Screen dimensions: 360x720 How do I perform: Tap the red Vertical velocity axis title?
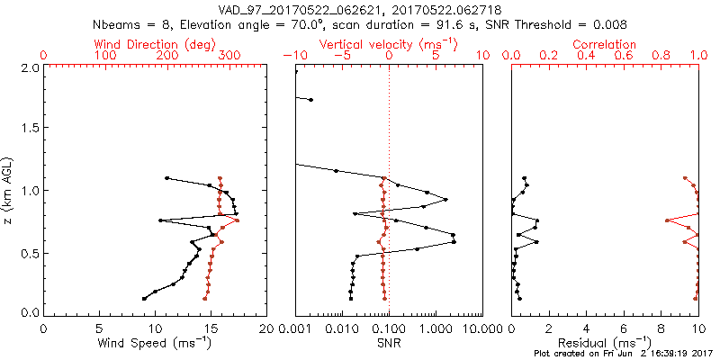tap(389, 43)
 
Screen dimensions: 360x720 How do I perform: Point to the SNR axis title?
tap(389, 343)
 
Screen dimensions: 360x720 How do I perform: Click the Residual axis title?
tap(605, 343)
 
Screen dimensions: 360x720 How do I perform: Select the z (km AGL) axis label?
tap(9, 191)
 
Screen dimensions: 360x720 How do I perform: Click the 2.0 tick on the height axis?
tap(30, 67)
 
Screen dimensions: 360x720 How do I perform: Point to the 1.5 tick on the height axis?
tap(30, 129)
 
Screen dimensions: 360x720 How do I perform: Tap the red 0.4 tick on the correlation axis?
tap(586, 56)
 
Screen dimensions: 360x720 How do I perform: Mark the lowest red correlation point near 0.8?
tap(667, 220)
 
